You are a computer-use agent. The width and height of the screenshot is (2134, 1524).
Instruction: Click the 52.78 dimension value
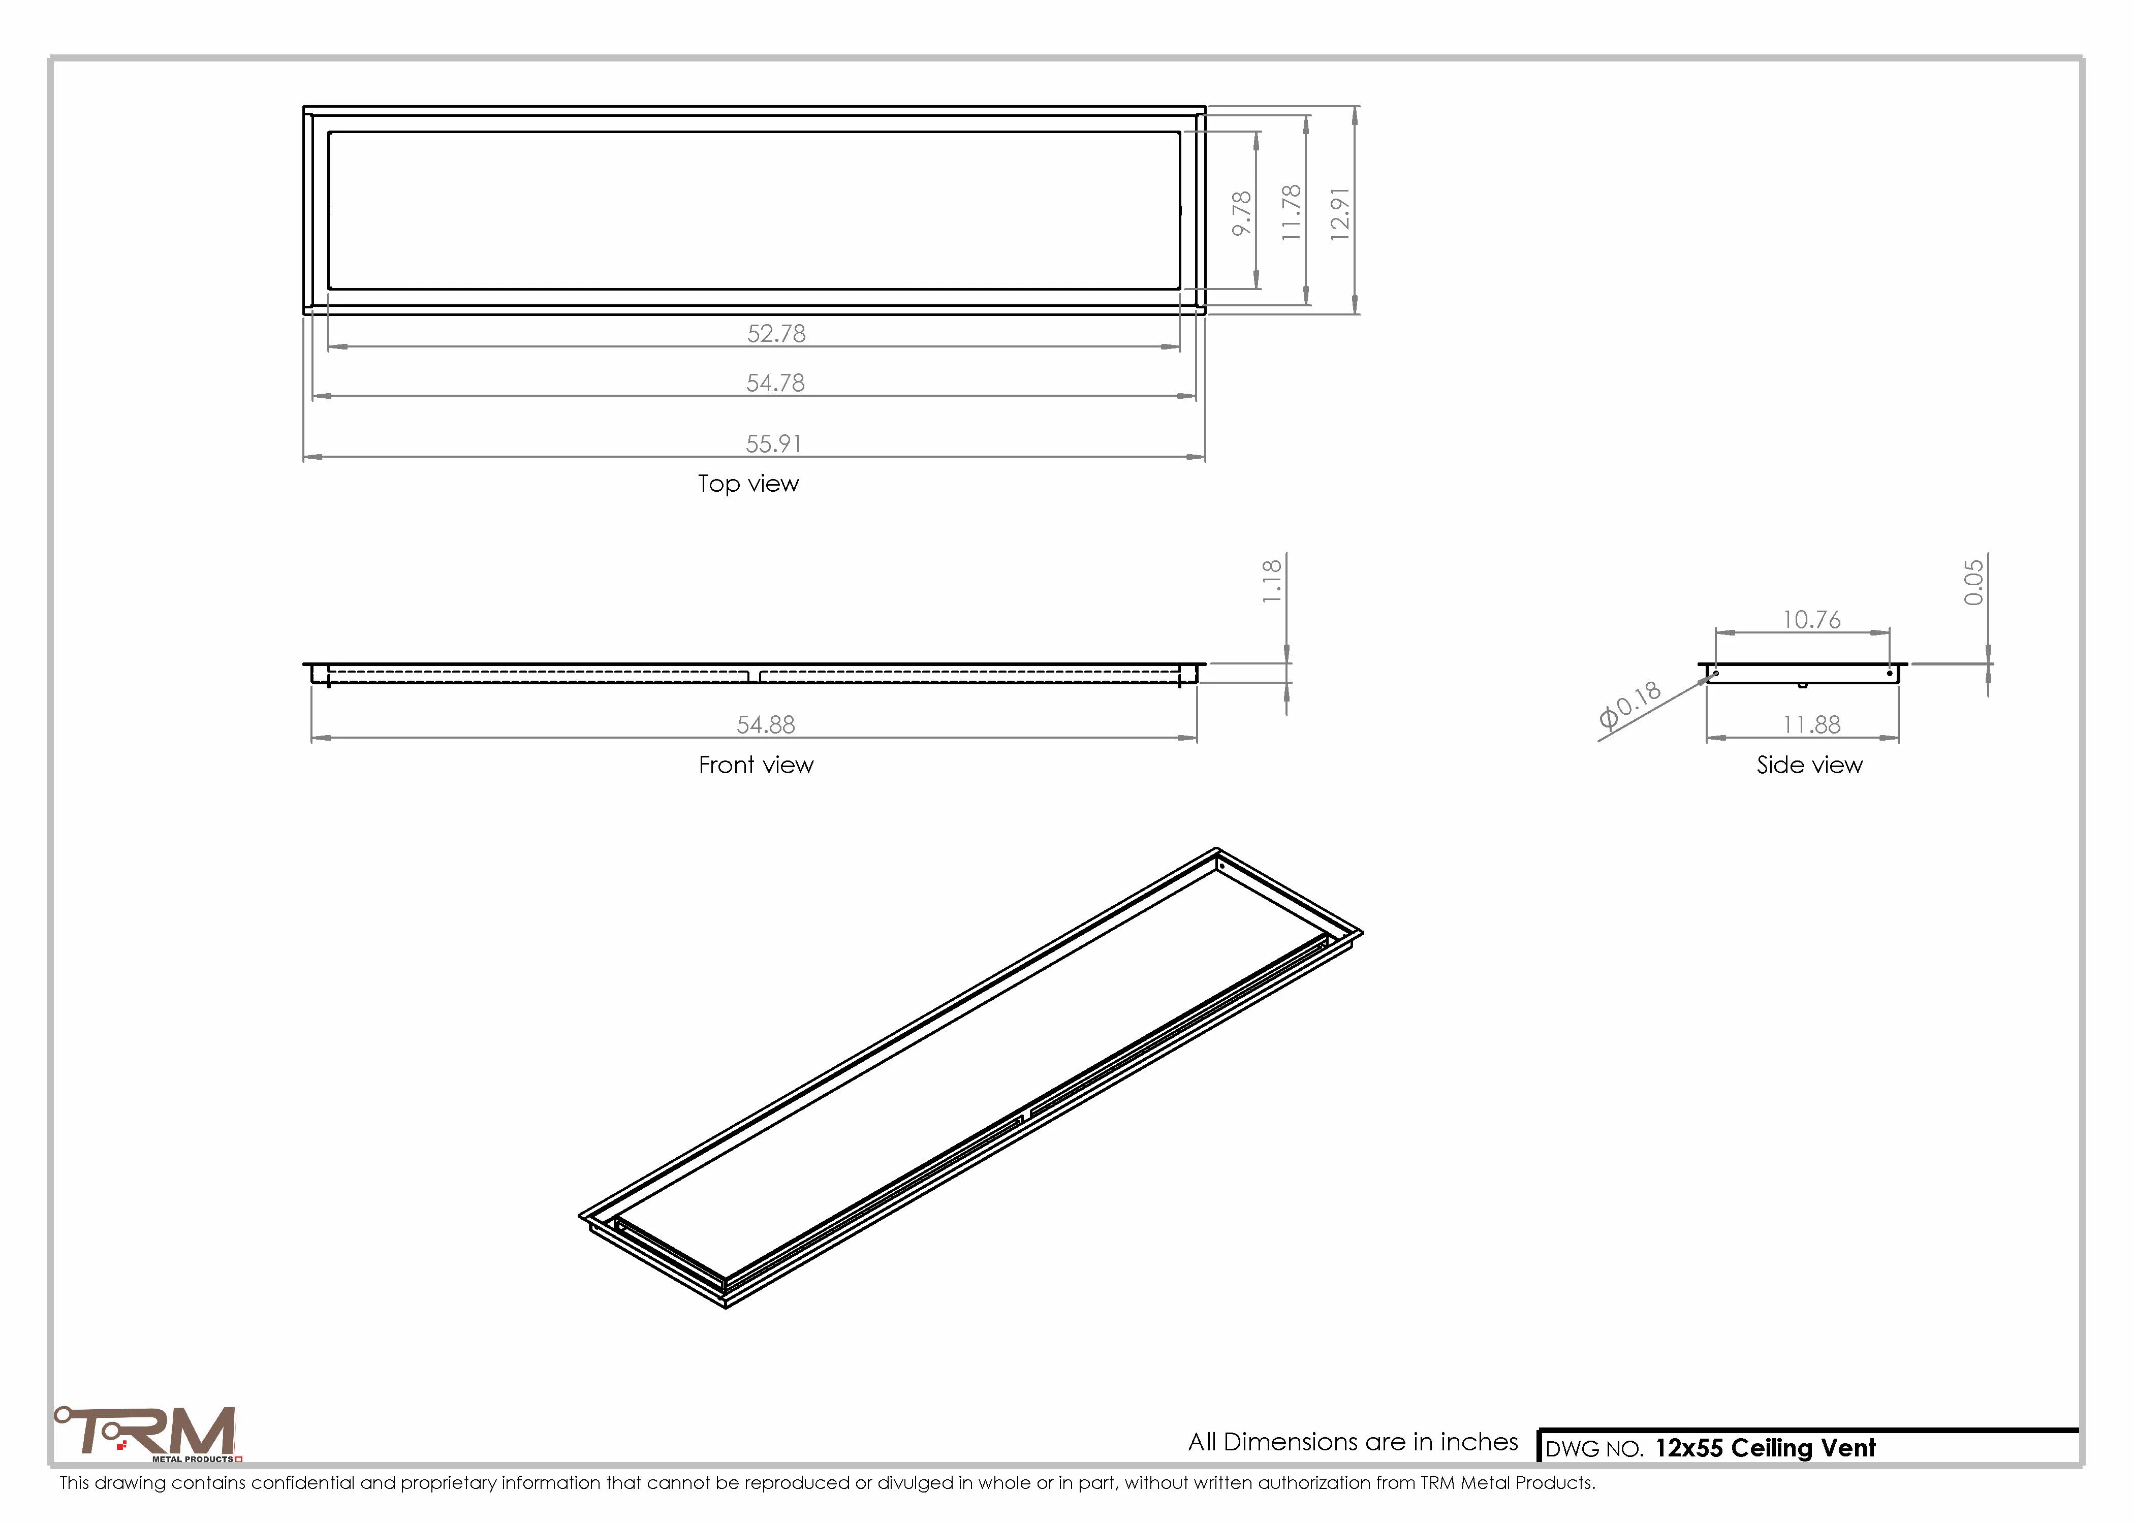(x=776, y=333)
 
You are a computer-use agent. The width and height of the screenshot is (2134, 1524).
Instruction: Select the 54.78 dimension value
(x=775, y=383)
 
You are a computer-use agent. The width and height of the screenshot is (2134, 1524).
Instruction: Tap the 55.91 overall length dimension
(x=773, y=443)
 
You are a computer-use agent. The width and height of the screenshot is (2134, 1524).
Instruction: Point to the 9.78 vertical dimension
(x=1242, y=213)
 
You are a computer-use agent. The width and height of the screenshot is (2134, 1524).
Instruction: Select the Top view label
(x=748, y=483)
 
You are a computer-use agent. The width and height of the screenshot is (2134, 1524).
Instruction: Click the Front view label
(x=756, y=765)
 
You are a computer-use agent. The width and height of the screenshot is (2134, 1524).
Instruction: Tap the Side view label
(x=1809, y=765)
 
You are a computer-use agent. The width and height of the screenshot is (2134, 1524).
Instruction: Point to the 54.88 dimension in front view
(x=766, y=724)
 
